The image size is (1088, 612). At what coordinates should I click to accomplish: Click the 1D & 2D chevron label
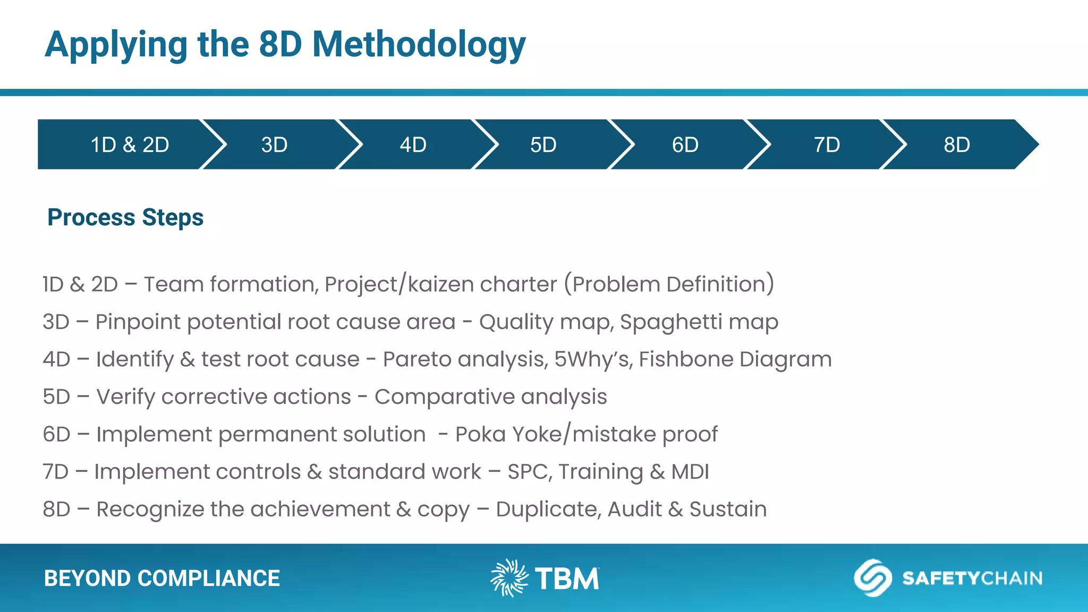[x=130, y=144]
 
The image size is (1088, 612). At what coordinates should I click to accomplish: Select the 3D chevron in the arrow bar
[x=274, y=144]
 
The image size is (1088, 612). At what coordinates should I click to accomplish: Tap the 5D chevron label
[x=543, y=144]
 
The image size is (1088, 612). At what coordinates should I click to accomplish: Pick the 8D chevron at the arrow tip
[x=956, y=144]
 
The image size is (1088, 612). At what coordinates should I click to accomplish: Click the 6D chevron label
[x=685, y=144]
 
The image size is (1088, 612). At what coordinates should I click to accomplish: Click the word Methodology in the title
[x=419, y=45]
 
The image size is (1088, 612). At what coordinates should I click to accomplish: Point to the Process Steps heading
[x=125, y=217]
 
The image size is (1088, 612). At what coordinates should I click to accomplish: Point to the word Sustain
[x=728, y=509]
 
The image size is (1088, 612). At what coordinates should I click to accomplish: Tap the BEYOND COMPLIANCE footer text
[x=162, y=578]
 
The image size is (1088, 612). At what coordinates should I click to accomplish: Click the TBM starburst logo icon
[x=508, y=577]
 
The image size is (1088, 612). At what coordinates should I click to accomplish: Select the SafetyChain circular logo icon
[x=872, y=577]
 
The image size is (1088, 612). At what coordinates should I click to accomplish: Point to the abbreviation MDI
[x=690, y=472]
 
